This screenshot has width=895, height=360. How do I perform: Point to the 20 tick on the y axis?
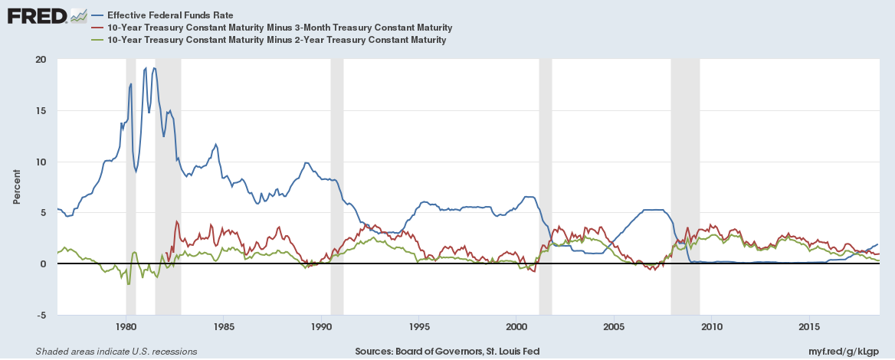pos(41,60)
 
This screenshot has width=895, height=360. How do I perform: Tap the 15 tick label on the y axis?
pos(41,111)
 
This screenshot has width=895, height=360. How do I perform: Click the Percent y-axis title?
pos(17,187)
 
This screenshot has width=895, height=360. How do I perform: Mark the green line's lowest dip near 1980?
pos(128,284)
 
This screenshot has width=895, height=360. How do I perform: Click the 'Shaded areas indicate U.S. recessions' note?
pos(116,352)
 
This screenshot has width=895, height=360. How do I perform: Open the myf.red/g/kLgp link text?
pos(846,352)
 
